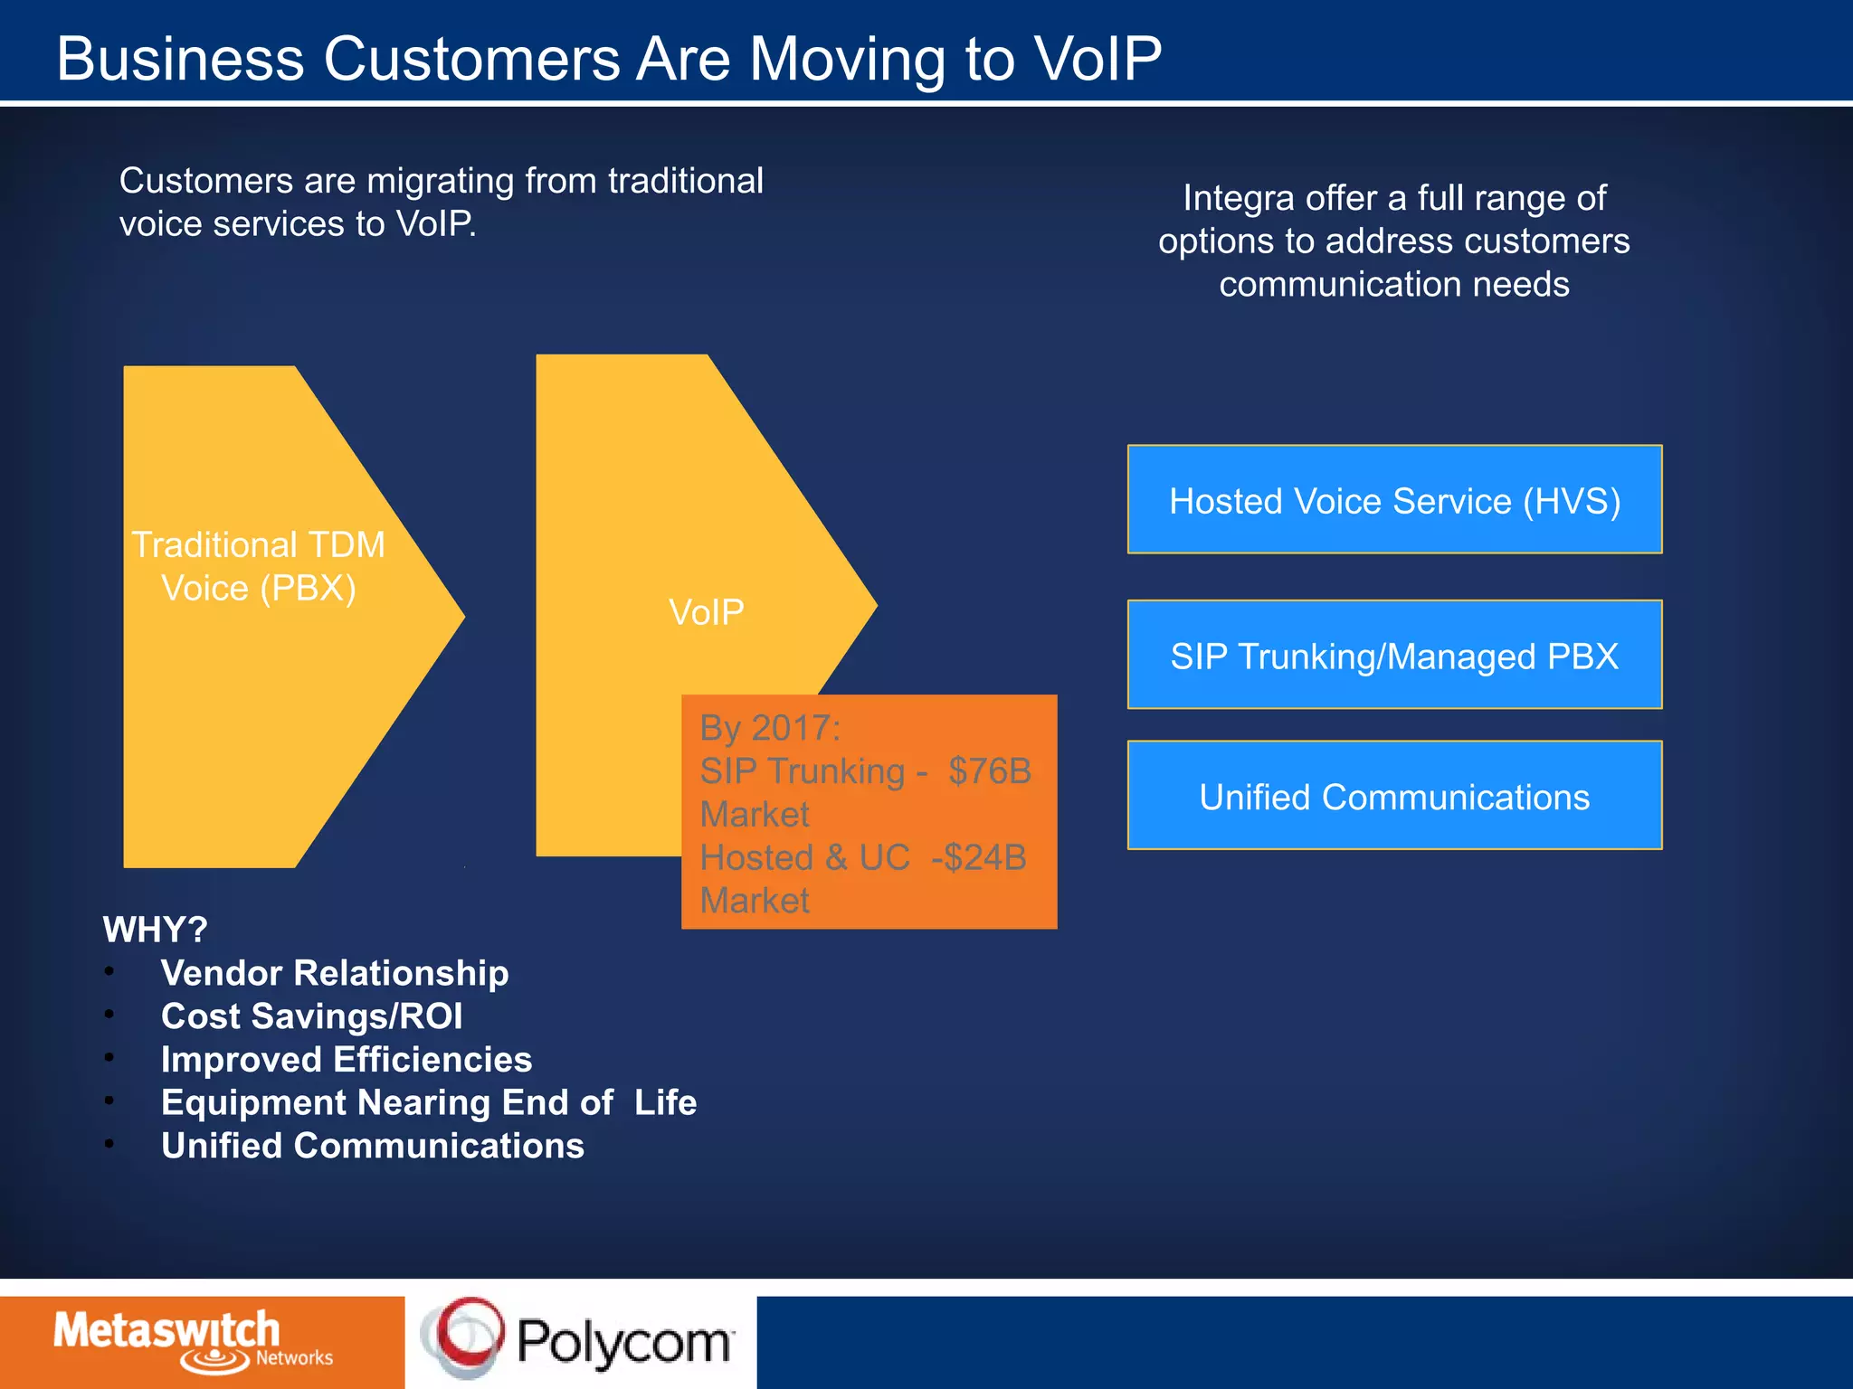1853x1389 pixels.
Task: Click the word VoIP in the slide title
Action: point(1097,60)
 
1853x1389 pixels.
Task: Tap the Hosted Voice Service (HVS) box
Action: point(1394,500)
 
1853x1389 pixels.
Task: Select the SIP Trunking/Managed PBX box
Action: point(1394,656)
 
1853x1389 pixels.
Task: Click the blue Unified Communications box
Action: point(1394,796)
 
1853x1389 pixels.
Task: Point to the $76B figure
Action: point(989,771)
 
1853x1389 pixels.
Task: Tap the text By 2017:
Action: point(770,728)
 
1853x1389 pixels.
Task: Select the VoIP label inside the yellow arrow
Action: point(706,613)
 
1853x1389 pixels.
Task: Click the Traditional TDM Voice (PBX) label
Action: point(259,567)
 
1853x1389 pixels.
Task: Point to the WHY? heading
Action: point(155,930)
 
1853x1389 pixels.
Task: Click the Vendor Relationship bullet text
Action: point(334,973)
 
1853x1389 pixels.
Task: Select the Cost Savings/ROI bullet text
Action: point(311,1016)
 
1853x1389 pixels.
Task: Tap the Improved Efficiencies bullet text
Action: point(346,1060)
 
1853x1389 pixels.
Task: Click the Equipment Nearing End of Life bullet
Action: point(428,1103)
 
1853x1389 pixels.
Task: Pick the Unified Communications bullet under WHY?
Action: point(372,1147)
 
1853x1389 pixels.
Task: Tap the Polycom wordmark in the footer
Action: point(623,1342)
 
